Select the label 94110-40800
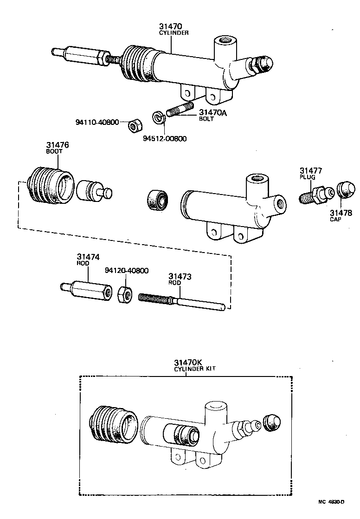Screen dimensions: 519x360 tap(96, 123)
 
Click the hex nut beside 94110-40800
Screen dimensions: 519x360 tap(135, 124)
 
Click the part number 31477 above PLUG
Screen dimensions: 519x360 tap(310, 170)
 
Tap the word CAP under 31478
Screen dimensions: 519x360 tap(336, 219)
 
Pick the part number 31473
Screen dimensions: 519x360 tap(180, 277)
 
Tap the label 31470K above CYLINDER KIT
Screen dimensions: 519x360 tap(188, 362)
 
